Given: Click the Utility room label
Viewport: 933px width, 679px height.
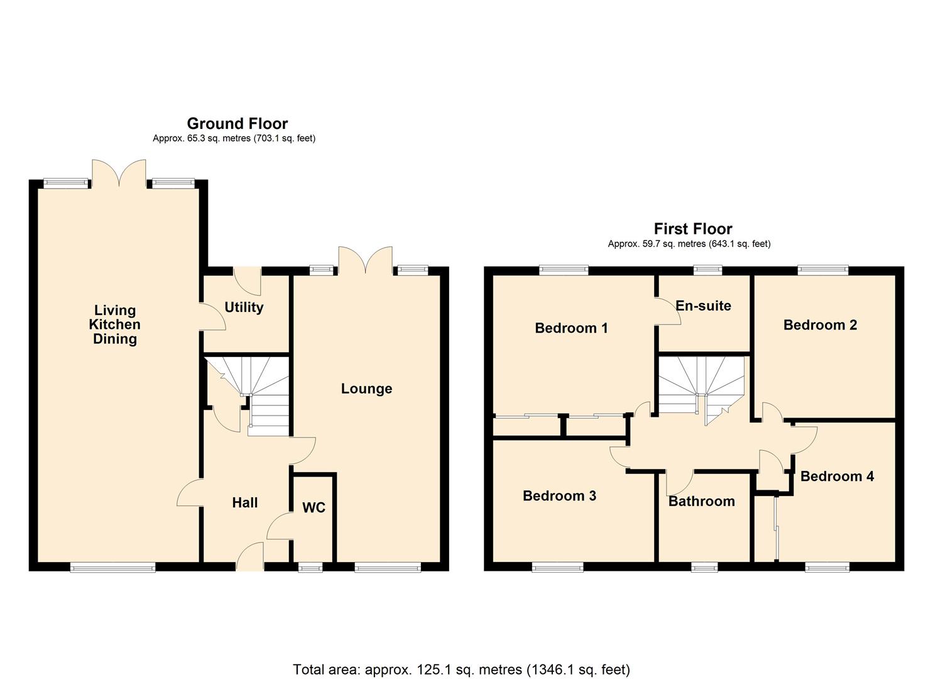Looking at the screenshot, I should click(x=244, y=307).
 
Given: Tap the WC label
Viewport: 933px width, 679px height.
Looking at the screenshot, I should click(x=314, y=507).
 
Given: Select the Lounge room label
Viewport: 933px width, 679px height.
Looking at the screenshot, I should click(x=366, y=389).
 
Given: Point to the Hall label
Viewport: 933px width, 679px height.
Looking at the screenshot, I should click(x=244, y=502).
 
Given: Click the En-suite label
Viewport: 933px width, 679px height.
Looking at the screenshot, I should click(x=703, y=306).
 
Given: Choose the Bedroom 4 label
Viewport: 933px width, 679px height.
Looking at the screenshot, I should click(x=837, y=476).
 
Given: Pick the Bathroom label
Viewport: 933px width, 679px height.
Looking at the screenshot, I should click(x=701, y=501).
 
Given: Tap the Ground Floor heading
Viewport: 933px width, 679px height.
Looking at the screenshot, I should click(x=237, y=123).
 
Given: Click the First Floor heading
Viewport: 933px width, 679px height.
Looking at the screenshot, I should click(x=693, y=228).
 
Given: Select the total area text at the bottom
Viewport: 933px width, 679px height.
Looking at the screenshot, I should click(x=461, y=670).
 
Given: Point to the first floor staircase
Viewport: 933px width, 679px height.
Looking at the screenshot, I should click(x=701, y=387).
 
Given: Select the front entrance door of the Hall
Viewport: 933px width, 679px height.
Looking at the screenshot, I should click(x=250, y=558).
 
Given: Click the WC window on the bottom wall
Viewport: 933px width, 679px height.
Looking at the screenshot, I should click(x=309, y=568).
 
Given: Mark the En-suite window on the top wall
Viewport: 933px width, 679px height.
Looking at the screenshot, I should click(x=707, y=270).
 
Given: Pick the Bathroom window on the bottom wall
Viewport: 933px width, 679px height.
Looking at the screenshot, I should click(x=704, y=568).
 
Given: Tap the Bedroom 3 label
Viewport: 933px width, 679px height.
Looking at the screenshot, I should click(x=559, y=495).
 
